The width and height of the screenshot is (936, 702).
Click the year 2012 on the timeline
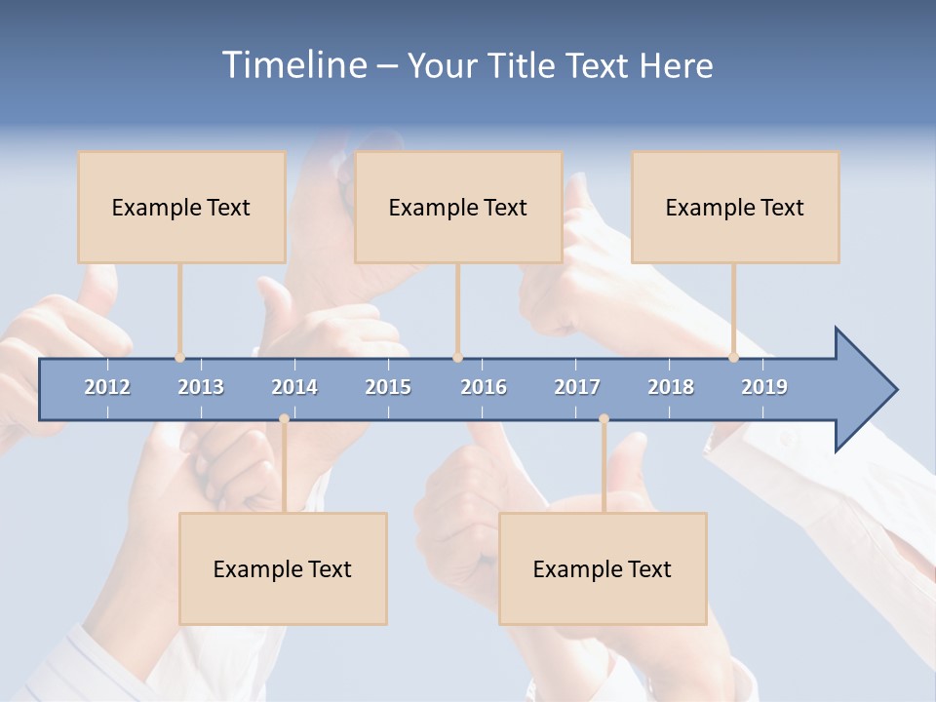pyautogui.click(x=107, y=387)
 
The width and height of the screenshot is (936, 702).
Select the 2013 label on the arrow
pyautogui.click(x=201, y=387)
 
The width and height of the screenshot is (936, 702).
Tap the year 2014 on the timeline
pyautogui.click(x=294, y=387)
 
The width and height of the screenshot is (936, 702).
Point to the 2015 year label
pyautogui.click(x=388, y=387)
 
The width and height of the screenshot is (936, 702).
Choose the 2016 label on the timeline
pyautogui.click(x=484, y=387)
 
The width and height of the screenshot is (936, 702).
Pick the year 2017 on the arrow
pyautogui.click(x=577, y=387)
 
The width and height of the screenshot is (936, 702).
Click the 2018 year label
pyautogui.click(x=671, y=387)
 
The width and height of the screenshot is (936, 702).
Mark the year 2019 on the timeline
pyautogui.click(x=764, y=387)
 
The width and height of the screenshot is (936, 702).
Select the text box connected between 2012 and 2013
pyautogui.click(x=181, y=207)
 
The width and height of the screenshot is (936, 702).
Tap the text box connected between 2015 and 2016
pyautogui.click(x=458, y=207)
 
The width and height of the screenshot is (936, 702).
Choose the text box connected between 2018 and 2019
pyautogui.click(x=735, y=207)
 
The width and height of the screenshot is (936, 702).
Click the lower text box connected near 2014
pyautogui.click(x=283, y=568)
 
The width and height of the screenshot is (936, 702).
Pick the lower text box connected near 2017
pyautogui.click(x=603, y=568)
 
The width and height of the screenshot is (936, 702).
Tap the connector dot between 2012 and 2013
pyautogui.click(x=179, y=358)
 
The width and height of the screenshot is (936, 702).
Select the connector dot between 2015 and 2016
pyautogui.click(x=457, y=358)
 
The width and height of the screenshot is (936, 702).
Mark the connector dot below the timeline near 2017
pyautogui.click(x=604, y=419)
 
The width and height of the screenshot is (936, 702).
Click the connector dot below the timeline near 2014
pyautogui.click(x=284, y=419)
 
